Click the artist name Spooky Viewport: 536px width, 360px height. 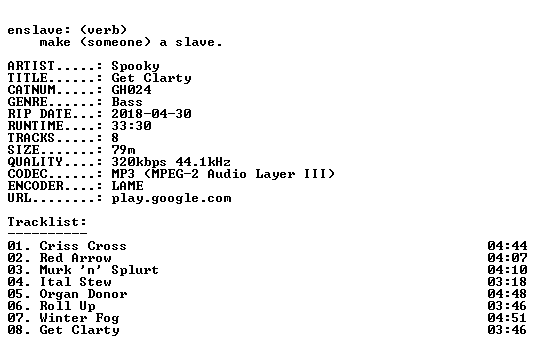135,66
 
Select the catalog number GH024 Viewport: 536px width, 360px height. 131,90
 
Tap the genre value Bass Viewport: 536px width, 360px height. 127,102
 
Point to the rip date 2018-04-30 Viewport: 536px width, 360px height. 151,114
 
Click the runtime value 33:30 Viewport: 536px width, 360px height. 131,126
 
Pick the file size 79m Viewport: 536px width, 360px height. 123,150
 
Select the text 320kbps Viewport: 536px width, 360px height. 139,162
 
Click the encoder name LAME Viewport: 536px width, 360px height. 127,186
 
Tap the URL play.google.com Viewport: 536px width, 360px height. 171,198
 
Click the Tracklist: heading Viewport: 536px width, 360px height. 47,222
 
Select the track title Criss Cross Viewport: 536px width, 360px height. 83,246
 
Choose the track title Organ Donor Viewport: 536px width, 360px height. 83,294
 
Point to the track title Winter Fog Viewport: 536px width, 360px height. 79,318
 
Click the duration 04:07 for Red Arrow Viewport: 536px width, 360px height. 507,258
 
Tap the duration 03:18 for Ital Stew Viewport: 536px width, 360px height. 507,282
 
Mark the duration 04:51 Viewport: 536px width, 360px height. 507,318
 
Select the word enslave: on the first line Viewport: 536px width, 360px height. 39,30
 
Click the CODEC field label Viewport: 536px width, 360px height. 27,174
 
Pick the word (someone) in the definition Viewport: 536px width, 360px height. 115,42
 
